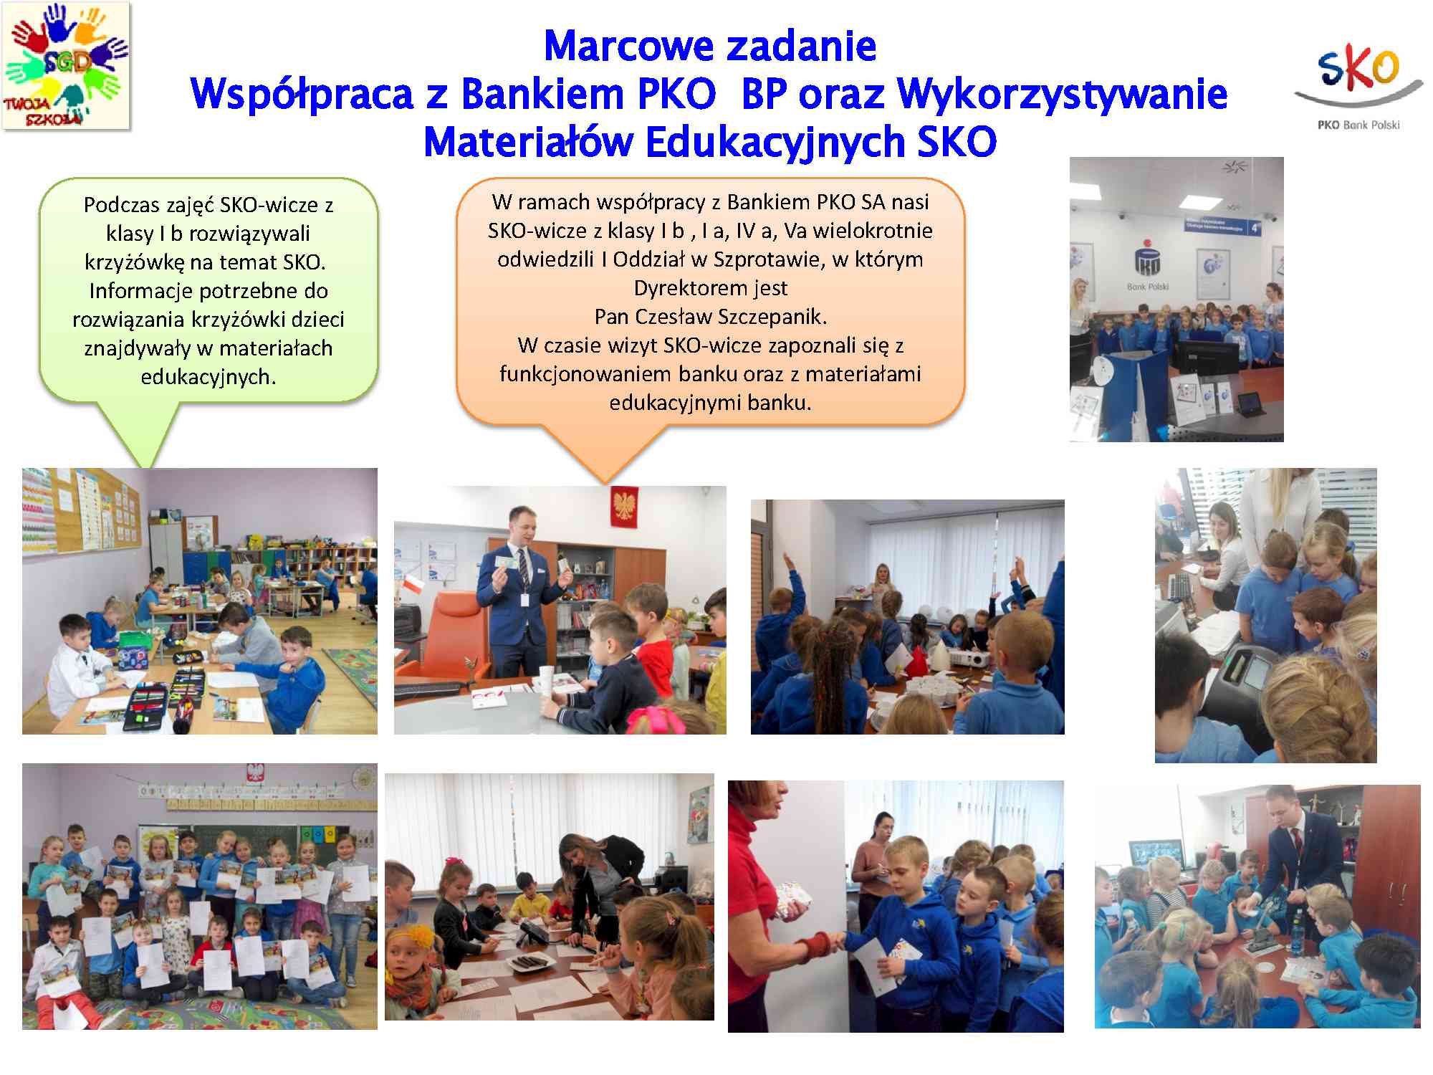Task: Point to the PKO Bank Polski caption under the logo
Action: pos(1358,125)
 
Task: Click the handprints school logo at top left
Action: pos(66,65)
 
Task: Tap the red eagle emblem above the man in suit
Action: pos(624,507)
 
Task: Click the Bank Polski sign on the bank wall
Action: pos(1148,287)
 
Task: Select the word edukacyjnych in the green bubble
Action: pos(209,377)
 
